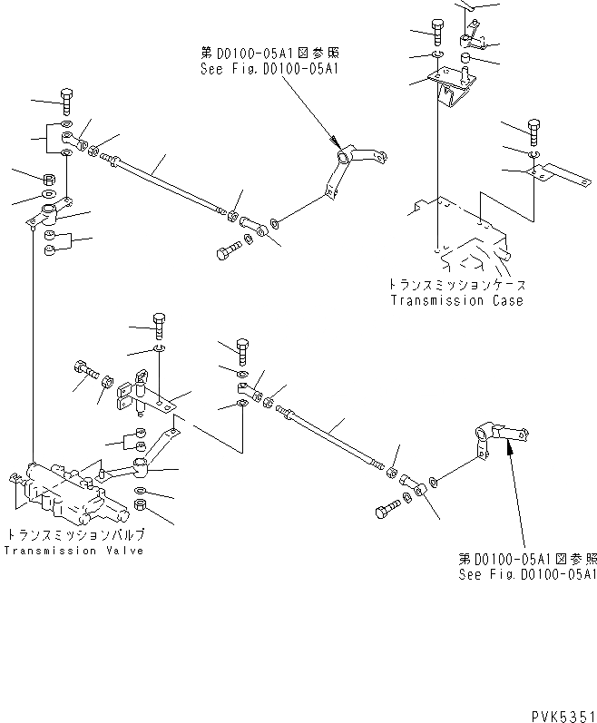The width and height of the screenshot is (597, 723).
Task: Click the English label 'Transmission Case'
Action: point(456,300)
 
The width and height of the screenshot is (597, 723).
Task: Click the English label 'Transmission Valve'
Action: point(73,551)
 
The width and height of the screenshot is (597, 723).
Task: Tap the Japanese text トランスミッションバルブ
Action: point(75,535)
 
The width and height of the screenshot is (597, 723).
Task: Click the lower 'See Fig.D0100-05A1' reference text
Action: point(527,574)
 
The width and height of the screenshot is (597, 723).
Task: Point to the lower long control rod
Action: point(331,439)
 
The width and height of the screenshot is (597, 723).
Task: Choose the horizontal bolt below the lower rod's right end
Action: point(387,510)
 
